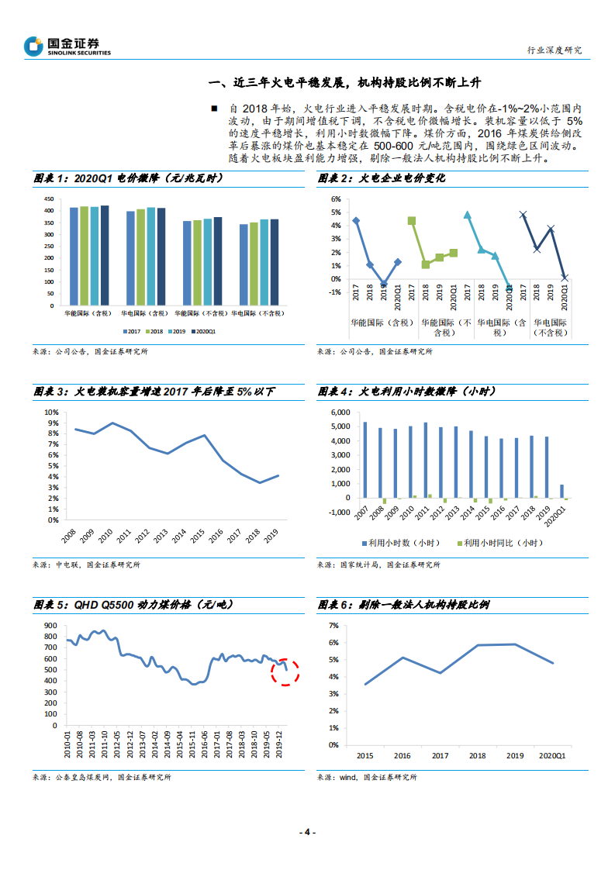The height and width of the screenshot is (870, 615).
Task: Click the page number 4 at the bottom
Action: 307,832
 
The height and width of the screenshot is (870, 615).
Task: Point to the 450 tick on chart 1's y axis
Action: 48,199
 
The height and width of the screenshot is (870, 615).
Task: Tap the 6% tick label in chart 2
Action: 336,199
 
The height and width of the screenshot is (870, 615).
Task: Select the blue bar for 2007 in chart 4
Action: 365,460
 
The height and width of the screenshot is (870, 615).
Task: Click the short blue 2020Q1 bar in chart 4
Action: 563,491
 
